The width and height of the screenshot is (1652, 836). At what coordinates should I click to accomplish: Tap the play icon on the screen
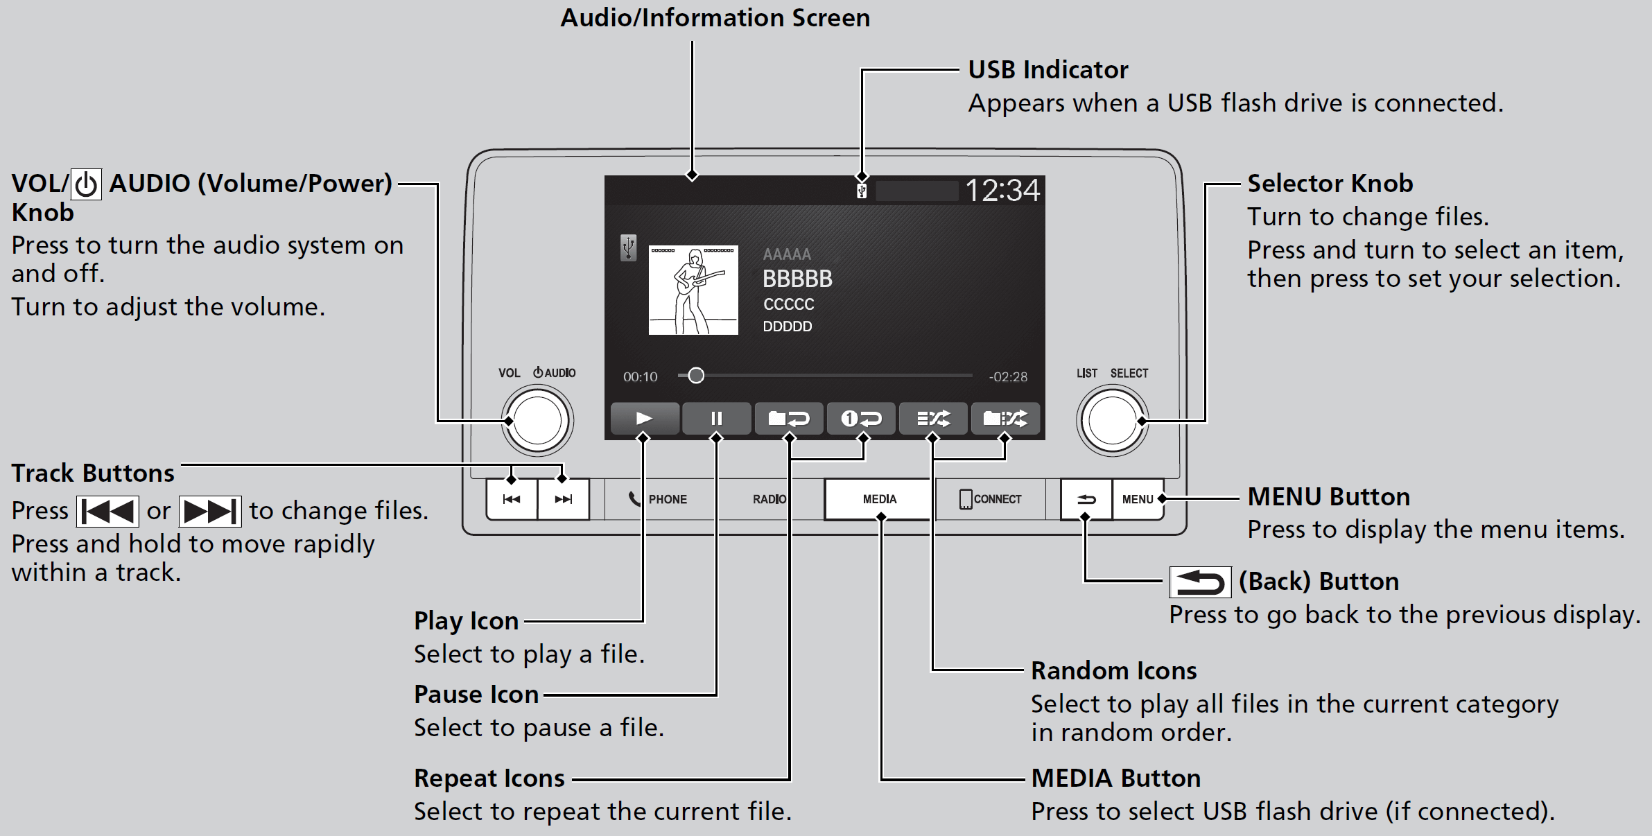coord(644,418)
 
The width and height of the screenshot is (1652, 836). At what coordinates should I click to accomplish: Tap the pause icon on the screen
coord(716,418)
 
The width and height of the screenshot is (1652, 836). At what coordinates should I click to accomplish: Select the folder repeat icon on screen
coord(789,418)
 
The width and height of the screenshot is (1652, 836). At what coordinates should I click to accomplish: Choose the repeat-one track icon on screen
coord(861,418)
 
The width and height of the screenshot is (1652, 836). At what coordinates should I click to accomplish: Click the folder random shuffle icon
coord(1005,418)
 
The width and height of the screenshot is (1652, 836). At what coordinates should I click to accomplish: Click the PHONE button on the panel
coord(658,499)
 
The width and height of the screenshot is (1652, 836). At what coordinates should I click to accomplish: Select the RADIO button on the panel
coord(769,499)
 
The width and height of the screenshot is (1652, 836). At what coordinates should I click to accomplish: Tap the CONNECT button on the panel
coord(990,499)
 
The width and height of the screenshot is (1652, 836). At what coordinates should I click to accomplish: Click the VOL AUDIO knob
coord(537,421)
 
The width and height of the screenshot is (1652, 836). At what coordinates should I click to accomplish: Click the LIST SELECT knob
coord(1112,421)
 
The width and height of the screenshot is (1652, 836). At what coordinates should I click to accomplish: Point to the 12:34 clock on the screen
coord(1002,190)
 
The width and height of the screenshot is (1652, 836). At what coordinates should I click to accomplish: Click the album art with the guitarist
coord(693,290)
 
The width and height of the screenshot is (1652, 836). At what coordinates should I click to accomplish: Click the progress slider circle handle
coord(696,376)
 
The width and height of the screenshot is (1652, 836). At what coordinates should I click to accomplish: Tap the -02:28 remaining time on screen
coord(1008,376)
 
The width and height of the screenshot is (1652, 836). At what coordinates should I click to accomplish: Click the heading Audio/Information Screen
coord(715,17)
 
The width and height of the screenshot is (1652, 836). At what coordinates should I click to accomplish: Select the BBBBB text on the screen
coord(797,279)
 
